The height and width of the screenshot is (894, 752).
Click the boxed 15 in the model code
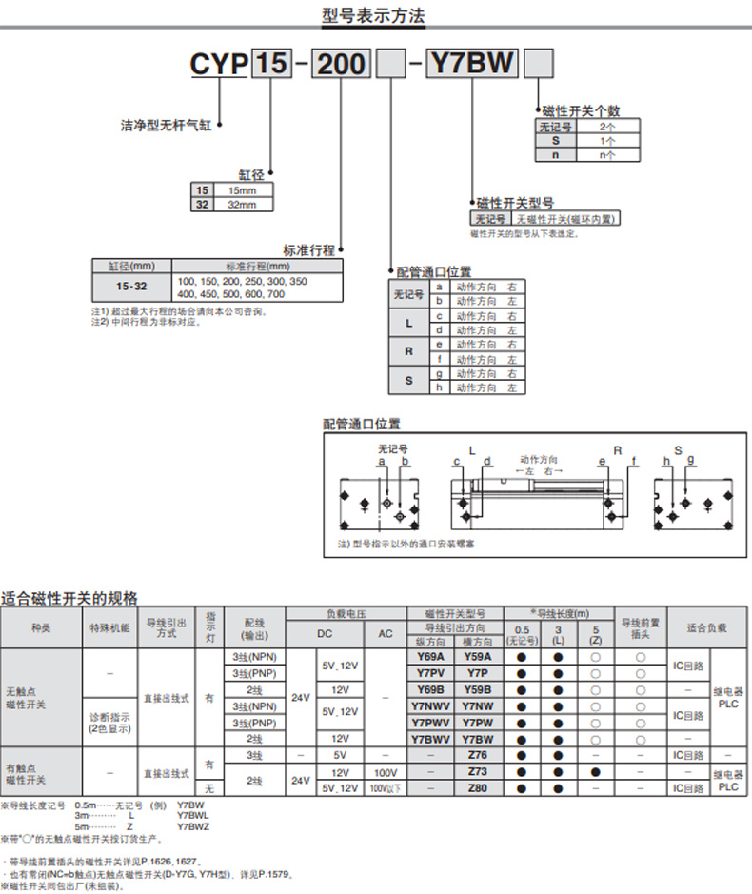pos(270,65)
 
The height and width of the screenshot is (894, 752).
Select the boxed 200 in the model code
pos(341,65)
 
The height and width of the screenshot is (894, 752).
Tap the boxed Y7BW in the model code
pos(473,64)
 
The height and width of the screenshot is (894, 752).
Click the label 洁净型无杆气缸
pos(164,124)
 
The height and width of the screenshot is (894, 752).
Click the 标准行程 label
pos(309,249)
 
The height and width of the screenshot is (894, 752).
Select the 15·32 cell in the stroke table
pos(131,287)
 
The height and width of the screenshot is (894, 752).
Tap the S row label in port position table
pos(408,381)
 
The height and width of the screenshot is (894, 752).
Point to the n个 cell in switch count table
pos(607,154)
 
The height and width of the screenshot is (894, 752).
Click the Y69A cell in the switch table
pos(430,657)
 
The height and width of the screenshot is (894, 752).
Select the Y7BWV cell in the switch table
pos(430,738)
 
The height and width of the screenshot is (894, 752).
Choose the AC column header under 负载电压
pos(386,635)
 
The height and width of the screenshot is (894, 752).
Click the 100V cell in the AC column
pos(386,771)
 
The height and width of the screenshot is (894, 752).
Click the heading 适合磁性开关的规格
pos(69,598)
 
